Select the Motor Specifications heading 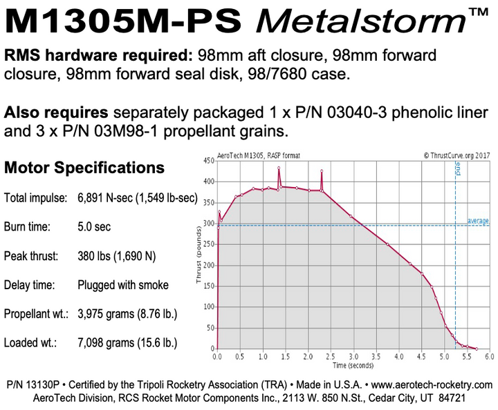coord(84,168)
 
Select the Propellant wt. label coord(36,314)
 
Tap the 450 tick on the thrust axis coord(207,161)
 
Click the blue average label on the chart coord(478,222)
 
